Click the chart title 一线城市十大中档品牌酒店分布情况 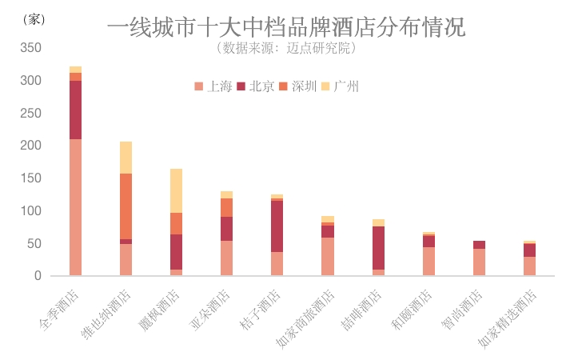click(286, 27)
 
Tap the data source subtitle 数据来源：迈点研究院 click(286, 48)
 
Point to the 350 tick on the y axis click(31, 48)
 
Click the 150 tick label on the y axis click(31, 178)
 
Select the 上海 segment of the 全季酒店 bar click(75, 207)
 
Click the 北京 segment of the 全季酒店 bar click(75, 110)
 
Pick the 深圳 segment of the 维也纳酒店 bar click(126, 206)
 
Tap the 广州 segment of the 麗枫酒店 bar click(176, 190)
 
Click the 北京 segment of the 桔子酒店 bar click(277, 226)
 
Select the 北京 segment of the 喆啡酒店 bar click(377, 247)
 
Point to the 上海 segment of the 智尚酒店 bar click(479, 262)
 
